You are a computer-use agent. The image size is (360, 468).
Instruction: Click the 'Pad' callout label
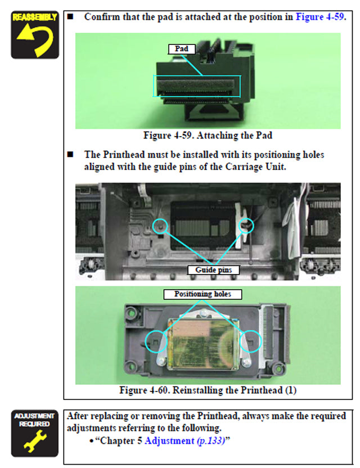(x=181, y=49)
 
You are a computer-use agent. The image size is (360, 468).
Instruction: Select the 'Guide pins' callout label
(x=213, y=270)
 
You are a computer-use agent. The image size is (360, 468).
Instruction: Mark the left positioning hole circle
(x=155, y=341)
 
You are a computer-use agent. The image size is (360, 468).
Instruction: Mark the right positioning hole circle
(x=251, y=340)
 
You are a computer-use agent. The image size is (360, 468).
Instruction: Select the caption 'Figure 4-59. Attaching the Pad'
(x=208, y=136)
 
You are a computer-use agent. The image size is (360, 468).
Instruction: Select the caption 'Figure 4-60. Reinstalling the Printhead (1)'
(x=208, y=390)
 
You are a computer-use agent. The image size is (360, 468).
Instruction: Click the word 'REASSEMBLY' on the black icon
(x=34, y=17)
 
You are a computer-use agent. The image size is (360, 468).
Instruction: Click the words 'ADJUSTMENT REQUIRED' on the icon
(x=34, y=420)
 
